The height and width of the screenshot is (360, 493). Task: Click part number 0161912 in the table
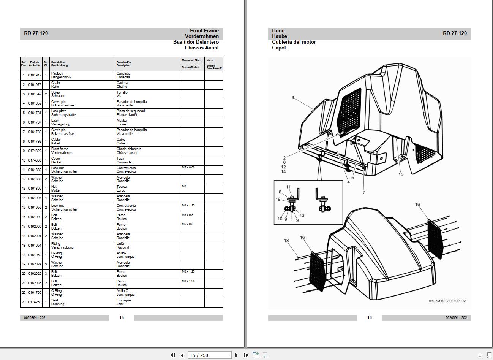click(35, 75)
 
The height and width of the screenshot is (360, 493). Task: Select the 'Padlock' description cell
click(57, 73)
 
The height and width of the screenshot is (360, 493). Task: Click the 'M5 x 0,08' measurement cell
click(188, 168)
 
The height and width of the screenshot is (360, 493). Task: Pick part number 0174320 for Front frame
click(35, 151)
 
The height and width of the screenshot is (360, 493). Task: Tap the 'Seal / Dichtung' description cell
click(58, 302)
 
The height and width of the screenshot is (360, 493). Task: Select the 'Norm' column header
click(210, 60)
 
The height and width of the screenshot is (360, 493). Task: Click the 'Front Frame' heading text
click(204, 31)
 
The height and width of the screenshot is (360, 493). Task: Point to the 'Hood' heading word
click(278, 31)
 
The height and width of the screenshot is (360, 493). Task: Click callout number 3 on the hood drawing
click(293, 98)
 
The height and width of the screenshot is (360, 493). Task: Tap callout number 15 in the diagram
click(401, 174)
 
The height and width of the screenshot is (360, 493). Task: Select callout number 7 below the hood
click(364, 192)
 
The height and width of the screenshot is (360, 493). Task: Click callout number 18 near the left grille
click(286, 241)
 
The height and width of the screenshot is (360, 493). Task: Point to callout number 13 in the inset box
click(302, 215)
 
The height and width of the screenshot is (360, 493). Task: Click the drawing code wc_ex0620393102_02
click(447, 301)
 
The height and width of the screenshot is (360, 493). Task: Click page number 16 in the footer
click(369, 317)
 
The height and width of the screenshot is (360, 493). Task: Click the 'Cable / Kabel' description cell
click(56, 141)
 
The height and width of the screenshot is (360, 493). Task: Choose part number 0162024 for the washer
click(35, 264)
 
